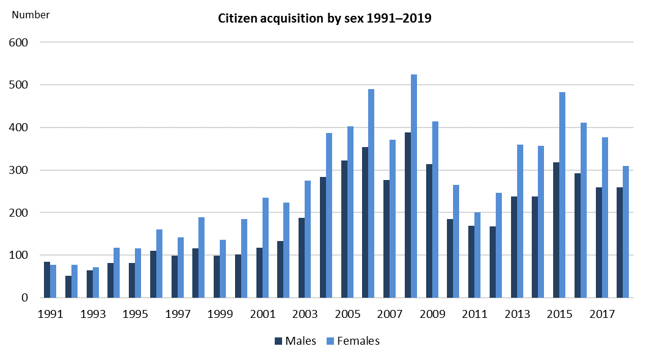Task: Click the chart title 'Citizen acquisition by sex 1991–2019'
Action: [324, 18]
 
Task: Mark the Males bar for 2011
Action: [471, 262]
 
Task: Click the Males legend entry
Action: [295, 341]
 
